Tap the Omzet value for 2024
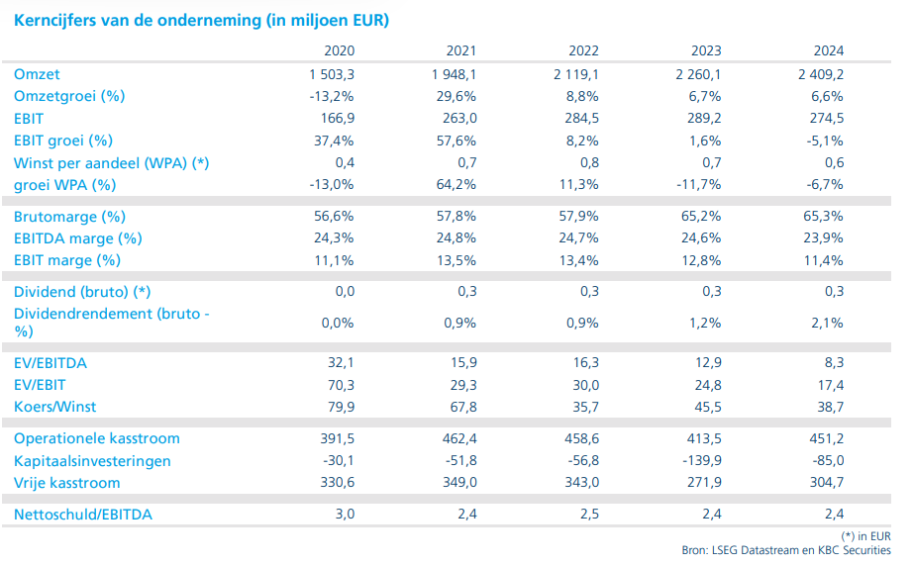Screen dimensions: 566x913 822,74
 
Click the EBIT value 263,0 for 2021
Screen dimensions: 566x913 456,118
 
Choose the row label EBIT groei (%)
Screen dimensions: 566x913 63,141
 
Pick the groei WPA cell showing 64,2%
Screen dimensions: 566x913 457,184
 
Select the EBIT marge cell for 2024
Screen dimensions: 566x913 825,259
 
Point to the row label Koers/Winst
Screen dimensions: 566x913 54,407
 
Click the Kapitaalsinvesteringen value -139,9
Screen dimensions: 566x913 698,460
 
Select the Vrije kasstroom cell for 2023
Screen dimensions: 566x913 702,483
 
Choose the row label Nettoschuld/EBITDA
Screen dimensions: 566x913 83,515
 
